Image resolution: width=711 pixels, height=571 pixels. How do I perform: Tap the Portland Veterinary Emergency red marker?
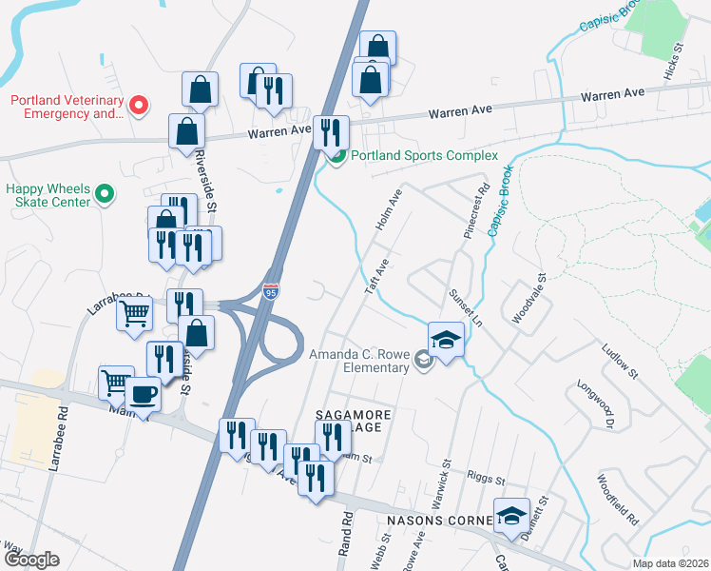coord(139,104)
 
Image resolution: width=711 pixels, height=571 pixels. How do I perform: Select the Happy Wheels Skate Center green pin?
coord(106,195)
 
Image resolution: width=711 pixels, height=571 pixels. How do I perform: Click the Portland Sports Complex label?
coord(424,156)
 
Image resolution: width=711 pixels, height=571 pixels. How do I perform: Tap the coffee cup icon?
coord(143,392)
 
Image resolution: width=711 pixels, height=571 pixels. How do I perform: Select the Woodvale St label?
coord(529,300)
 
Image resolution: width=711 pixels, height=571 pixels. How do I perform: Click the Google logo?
coord(32,560)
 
